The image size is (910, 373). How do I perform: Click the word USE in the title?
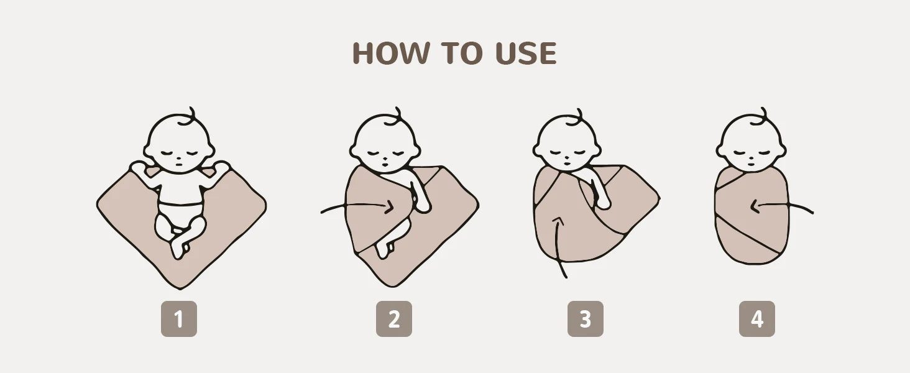(526, 53)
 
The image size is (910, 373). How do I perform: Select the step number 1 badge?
(179, 319)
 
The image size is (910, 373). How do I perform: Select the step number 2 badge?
(393, 319)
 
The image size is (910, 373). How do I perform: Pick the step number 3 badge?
(586, 319)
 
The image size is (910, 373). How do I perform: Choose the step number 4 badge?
(757, 319)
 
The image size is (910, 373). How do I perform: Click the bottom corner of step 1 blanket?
(180, 288)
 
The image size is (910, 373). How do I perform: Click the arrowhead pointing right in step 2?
(390, 207)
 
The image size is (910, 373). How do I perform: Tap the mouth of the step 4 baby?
(751, 165)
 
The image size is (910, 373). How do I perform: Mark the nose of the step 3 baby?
(568, 156)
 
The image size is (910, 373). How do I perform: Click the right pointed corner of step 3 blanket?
(658, 199)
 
